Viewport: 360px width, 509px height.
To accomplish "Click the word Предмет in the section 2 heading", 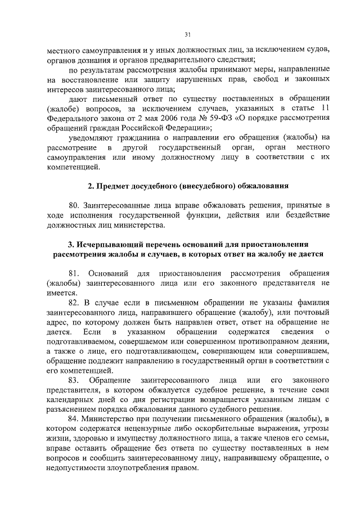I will pos(118,185).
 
